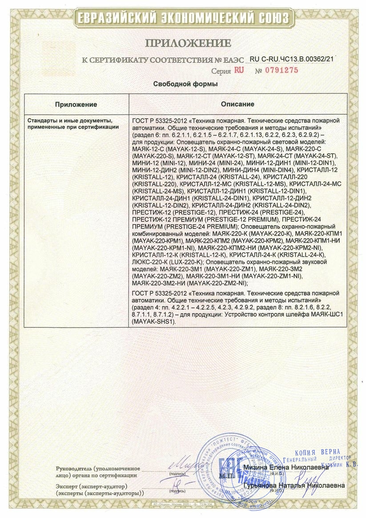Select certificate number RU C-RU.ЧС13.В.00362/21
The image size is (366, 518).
coord(291,59)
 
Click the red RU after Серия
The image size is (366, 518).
coord(238,70)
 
